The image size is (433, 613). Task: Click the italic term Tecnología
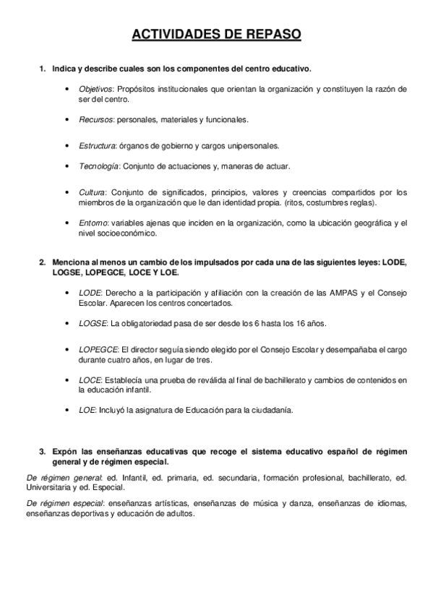click(x=98, y=166)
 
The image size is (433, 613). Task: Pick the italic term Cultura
click(x=92, y=192)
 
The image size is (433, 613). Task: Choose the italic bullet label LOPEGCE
click(x=97, y=348)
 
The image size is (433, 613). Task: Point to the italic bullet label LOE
click(x=87, y=409)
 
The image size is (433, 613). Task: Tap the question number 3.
click(x=42, y=451)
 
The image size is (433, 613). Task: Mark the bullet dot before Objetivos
click(x=67, y=89)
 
